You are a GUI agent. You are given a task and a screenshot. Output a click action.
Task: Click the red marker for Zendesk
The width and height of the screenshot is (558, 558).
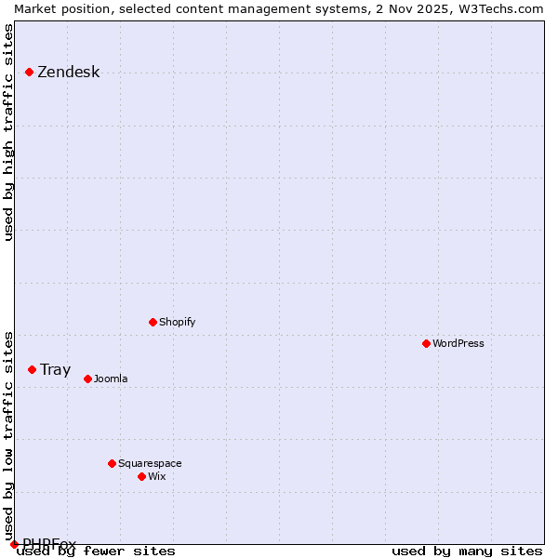point(29,72)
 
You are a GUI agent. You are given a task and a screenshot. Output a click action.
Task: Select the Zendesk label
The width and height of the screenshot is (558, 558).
point(68,73)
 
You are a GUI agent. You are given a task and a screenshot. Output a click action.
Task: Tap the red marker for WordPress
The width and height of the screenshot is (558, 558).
point(426,343)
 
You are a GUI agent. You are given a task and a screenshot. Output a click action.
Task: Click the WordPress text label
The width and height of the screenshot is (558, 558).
point(458,343)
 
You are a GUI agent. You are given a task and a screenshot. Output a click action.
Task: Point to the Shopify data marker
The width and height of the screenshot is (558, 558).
point(153,322)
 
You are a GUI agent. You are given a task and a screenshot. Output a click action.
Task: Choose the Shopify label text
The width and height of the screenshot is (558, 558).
point(177,322)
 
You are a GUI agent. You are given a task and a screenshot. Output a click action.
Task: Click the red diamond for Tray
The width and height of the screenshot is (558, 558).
point(32,369)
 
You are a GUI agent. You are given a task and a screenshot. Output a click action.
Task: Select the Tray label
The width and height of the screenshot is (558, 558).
point(55,369)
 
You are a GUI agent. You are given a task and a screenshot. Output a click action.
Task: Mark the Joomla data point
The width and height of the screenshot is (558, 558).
point(87,379)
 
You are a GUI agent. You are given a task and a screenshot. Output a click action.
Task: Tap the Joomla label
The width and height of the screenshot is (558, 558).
point(111,379)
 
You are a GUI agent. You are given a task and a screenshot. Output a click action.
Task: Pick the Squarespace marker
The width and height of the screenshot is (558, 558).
point(112,463)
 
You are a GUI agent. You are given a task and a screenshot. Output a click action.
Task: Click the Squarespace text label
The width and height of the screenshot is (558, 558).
point(150,463)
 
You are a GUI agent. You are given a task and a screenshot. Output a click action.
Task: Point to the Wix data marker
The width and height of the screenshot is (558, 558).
point(141,476)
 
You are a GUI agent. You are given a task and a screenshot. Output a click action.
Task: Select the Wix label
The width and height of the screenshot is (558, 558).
point(156,476)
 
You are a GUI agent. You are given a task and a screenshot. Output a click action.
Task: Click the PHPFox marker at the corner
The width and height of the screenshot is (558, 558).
point(14,544)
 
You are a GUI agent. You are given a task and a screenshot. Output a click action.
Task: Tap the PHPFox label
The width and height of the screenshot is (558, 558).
point(49,544)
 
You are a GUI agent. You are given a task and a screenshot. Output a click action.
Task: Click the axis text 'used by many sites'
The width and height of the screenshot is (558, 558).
point(467,551)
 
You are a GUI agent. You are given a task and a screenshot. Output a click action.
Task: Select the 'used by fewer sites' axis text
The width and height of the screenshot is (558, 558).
point(96,551)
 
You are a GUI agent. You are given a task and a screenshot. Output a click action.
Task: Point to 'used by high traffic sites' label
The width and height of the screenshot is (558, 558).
point(8,132)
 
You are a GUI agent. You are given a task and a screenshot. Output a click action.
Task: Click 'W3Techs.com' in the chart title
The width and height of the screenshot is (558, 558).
point(498,8)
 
